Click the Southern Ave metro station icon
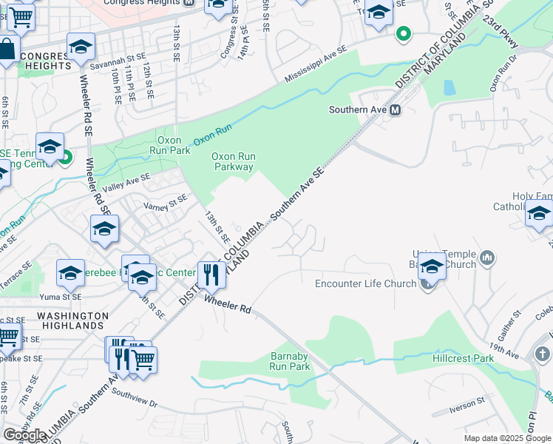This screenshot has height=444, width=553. [396, 110]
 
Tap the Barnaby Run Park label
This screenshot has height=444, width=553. [289, 360]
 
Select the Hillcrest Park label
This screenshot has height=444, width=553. [462, 358]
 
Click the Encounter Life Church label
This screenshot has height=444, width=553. [365, 283]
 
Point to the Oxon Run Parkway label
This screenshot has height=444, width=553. [234, 161]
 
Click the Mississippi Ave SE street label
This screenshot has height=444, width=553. [316, 64]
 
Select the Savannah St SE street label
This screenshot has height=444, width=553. [115, 64]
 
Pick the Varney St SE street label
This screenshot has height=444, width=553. [166, 201]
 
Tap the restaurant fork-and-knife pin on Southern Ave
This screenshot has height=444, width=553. [211, 275]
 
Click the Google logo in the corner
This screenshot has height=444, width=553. [24, 435]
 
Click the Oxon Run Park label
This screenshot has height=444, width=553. [170, 144]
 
